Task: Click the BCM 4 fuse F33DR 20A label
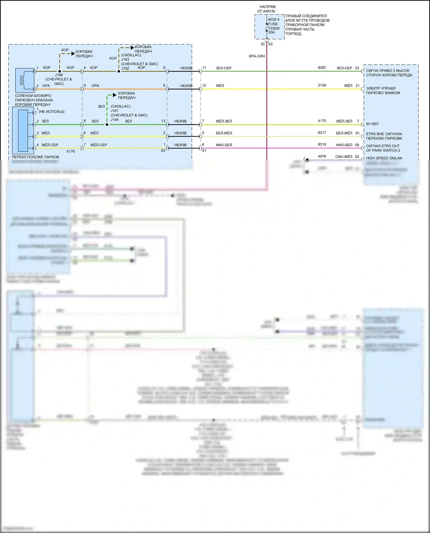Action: tap(273, 26)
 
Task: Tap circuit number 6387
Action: tap(322, 68)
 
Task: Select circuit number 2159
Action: tap(322, 85)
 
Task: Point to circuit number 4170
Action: tap(322, 121)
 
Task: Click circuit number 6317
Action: tap(322, 133)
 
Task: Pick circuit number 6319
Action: tap(322, 145)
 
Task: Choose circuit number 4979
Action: tap(322, 156)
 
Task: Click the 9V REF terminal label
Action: tap(372, 124)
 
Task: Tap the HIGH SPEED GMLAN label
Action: tap(384, 158)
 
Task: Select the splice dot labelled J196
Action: tap(60, 71)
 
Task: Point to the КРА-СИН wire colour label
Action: tap(257, 56)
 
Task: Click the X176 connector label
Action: tap(70, 152)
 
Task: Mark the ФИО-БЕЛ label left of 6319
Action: tap(344, 145)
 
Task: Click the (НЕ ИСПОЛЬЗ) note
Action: tap(52, 112)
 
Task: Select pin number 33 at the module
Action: tap(357, 68)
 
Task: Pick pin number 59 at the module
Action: tap(357, 145)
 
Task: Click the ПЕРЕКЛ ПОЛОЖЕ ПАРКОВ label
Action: tap(35, 157)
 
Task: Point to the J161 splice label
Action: tap(114, 111)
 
